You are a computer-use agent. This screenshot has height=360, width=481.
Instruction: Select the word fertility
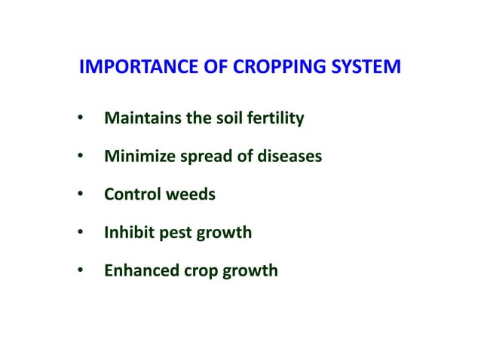271,119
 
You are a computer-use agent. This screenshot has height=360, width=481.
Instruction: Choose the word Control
129,194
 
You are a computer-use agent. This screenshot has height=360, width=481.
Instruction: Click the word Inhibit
127,232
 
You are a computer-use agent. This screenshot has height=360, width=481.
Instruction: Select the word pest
173,232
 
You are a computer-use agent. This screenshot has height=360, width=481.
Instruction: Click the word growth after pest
225,233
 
